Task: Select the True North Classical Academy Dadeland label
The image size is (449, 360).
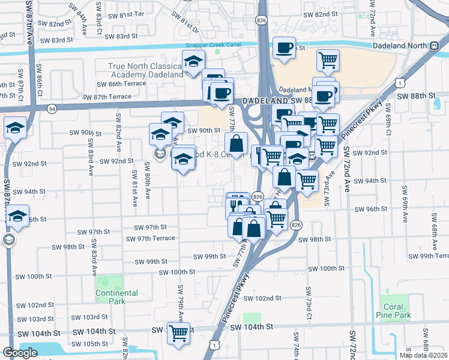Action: pos(146,70)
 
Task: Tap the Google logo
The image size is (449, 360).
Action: pos(20,353)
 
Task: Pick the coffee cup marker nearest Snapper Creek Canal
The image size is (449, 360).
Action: pos(285,48)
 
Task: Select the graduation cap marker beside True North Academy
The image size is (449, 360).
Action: pos(193,62)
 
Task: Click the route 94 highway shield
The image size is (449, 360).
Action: pos(52,109)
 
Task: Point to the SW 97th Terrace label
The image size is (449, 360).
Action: pos(150,238)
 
